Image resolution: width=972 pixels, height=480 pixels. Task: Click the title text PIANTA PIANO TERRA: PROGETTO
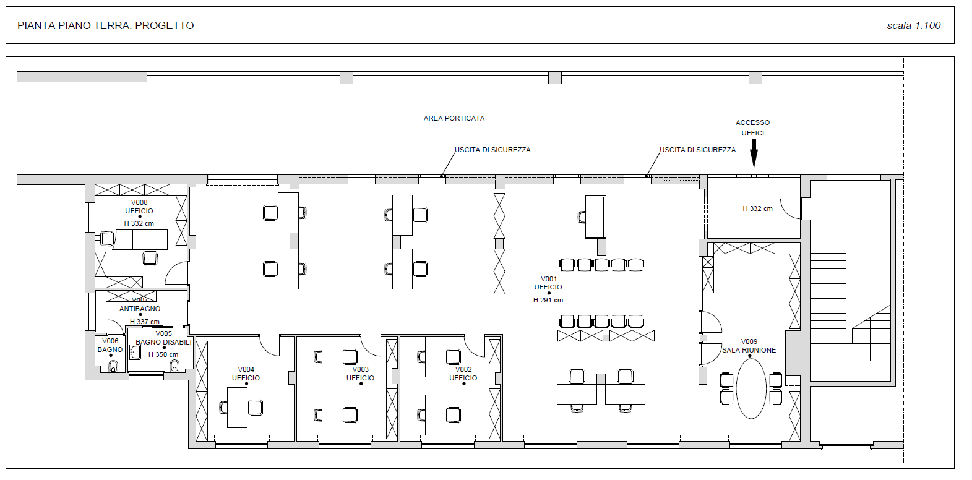click(105, 25)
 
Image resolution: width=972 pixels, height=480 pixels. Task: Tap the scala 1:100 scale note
click(913, 25)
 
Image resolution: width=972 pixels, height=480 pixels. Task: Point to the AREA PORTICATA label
click(454, 118)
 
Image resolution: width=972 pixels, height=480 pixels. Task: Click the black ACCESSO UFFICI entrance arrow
click(754, 153)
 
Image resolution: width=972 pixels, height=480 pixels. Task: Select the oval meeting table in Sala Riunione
click(751, 388)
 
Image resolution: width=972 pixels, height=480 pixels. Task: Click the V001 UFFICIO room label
click(548, 283)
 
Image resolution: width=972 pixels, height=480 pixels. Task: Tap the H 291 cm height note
click(548, 300)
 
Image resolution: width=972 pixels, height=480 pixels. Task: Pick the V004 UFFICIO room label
click(246, 374)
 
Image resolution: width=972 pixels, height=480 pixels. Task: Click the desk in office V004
click(237, 408)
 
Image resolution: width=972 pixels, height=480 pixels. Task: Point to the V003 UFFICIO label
click(360, 374)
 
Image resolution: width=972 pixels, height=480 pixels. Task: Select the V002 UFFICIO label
click(463, 374)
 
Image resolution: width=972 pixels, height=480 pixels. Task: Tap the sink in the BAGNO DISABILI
click(135, 353)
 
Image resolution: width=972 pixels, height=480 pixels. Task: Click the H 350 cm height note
click(163, 354)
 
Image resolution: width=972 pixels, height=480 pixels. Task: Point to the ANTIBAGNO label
click(140, 309)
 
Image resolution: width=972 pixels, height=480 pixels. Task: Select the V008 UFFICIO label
click(139, 207)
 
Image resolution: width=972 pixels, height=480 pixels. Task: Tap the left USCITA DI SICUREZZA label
click(492, 150)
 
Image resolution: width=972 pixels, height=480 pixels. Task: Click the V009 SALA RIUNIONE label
click(749, 346)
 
